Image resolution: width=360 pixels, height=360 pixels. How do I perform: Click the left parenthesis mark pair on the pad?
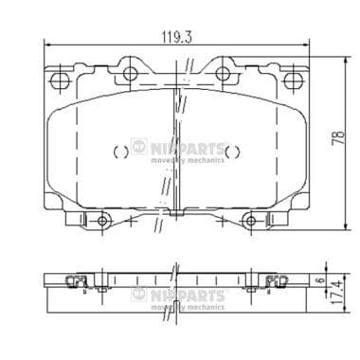120,151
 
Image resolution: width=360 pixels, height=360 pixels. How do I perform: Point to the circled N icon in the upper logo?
139,148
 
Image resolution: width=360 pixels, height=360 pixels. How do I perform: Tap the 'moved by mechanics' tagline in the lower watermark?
188,307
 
